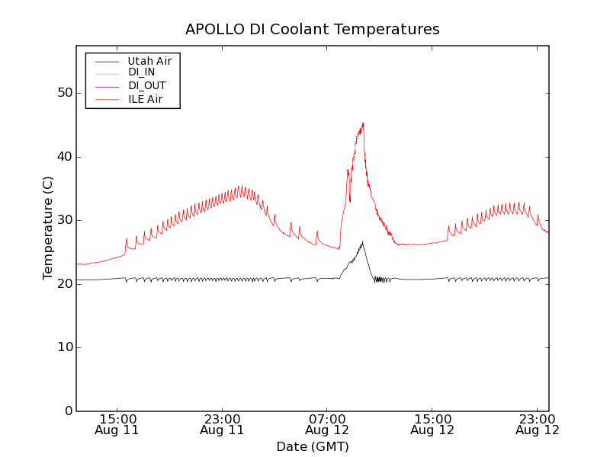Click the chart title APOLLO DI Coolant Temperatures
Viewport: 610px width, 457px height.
coord(313,30)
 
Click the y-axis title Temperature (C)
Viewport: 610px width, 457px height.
coord(48,228)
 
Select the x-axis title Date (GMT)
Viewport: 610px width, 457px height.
coord(313,446)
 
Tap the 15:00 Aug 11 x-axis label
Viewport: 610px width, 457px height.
coord(117,424)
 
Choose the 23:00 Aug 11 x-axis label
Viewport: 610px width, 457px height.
coord(222,424)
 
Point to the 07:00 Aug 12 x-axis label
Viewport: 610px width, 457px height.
coord(327,424)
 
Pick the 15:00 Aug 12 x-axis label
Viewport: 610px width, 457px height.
coord(432,424)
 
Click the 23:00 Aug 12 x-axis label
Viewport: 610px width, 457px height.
coord(538,424)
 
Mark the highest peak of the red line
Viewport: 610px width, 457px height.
coord(363,123)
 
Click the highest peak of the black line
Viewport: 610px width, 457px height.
coord(362,241)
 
